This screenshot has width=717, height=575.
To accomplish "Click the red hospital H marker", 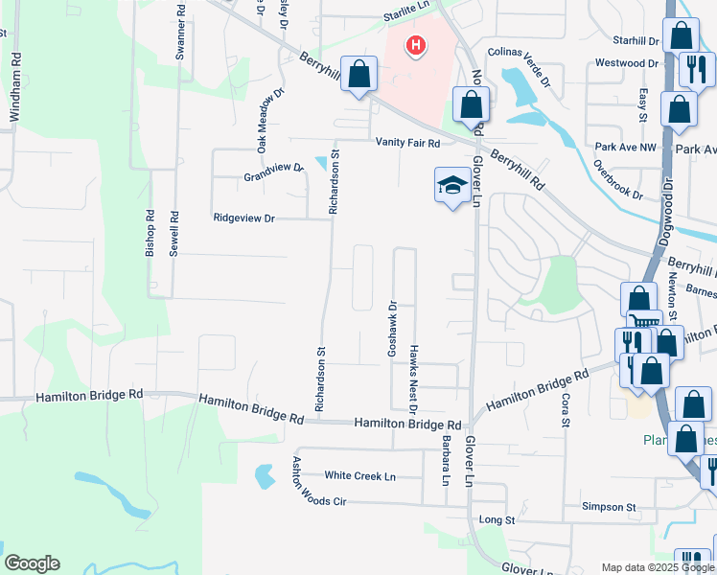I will pyautogui.click(x=415, y=46).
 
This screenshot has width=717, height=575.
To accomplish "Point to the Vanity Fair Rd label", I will pyautogui.click(x=407, y=143).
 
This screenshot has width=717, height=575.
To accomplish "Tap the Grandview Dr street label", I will pyautogui.click(x=273, y=172).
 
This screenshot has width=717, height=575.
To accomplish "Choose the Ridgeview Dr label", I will pyautogui.click(x=243, y=218).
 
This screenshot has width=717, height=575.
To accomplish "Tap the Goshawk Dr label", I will pyautogui.click(x=392, y=331).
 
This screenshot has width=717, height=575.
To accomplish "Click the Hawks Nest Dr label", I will pyautogui.click(x=414, y=375).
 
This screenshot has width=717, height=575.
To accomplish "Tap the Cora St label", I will pyautogui.click(x=566, y=407).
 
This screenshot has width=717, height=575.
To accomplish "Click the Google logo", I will pyautogui.click(x=32, y=563).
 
